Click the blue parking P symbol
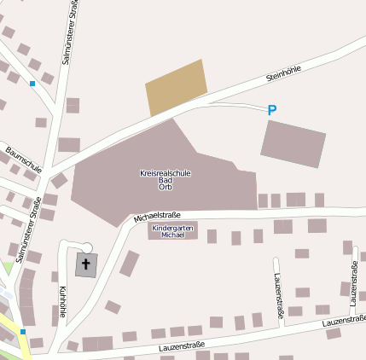(272, 110)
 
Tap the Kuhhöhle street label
(63, 300)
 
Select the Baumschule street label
(23, 159)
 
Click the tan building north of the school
(177, 87)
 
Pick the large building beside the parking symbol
(293, 143)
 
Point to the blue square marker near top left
(32, 84)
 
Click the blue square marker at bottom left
(23, 332)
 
